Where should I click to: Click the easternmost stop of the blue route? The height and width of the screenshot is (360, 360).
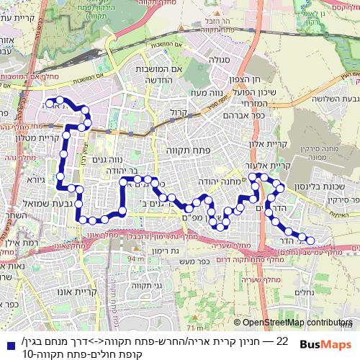(310, 240)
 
